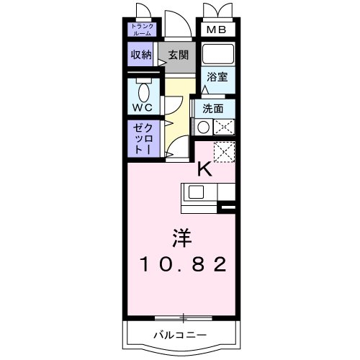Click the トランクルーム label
[x=143, y=30]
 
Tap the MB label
[x=216, y=30]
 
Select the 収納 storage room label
[x=141, y=55]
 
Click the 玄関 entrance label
[x=178, y=55]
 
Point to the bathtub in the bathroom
[x=218, y=53]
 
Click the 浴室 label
[x=217, y=77]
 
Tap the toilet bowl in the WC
[x=144, y=92]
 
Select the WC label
[x=143, y=107]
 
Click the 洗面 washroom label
[x=213, y=109]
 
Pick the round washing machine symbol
[x=203, y=127]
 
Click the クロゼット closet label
[x=143, y=139]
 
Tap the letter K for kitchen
[x=204, y=169]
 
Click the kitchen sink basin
[x=196, y=192]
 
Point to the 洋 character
[x=182, y=238]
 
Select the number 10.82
[x=183, y=264]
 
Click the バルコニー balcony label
[x=180, y=335]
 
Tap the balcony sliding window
[x=184, y=318]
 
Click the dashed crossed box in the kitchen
[x=224, y=152]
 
